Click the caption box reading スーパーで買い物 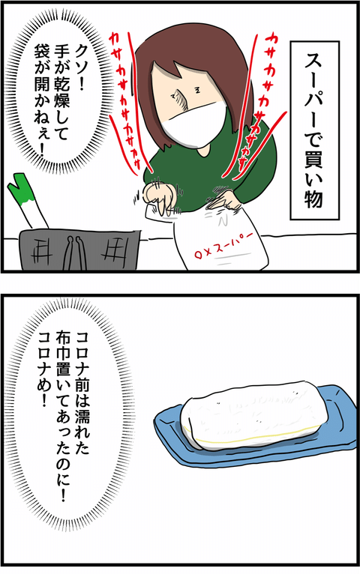[314, 130]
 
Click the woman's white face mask [195, 121]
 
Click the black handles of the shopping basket [74, 253]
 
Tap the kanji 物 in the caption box [314, 200]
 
